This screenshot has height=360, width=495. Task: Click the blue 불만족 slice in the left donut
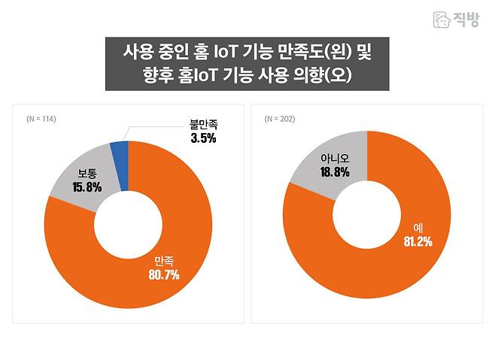coord(120,153)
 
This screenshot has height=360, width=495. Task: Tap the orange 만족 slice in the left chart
coord(173,248)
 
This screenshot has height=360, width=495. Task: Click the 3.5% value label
coord(203,138)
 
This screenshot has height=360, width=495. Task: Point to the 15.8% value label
coord(87,187)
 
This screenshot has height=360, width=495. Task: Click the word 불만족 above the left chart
coord(203,125)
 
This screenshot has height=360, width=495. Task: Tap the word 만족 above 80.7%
coord(164,260)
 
